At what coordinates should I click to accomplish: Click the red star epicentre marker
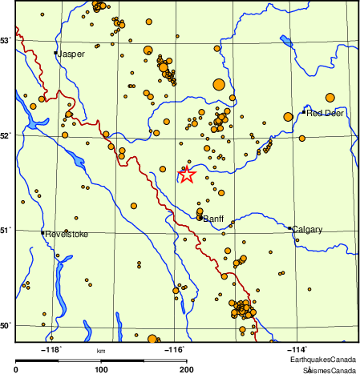tap(186, 175)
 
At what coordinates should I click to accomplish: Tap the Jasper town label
tap(71, 54)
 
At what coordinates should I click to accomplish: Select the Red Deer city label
tap(325, 113)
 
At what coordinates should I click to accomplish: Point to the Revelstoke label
tap(67, 234)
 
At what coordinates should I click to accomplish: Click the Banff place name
tap(213, 219)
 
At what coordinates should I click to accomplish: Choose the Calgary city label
tap(308, 230)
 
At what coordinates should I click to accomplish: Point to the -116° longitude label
tap(174, 349)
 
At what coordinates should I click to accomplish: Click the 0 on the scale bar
tap(16, 369)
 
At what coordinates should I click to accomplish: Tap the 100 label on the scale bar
tap(101, 369)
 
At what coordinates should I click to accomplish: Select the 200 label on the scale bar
tap(186, 369)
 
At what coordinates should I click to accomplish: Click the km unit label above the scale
tap(100, 351)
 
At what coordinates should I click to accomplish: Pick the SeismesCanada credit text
tap(330, 370)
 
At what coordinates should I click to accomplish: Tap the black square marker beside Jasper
tap(55, 53)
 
